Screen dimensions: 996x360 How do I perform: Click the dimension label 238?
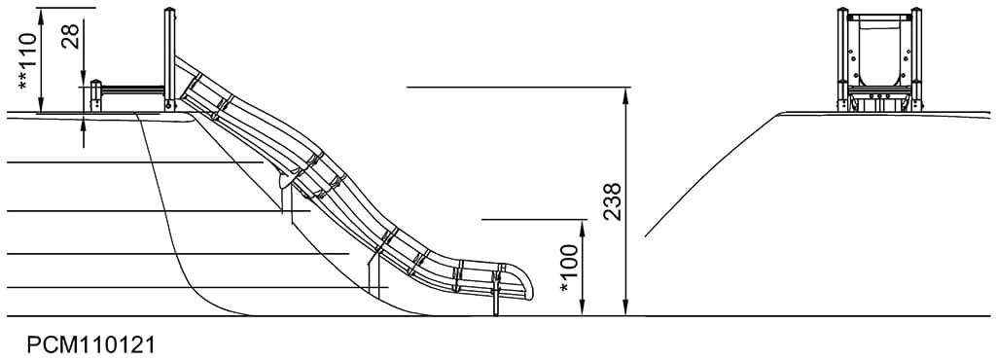tap(613, 201)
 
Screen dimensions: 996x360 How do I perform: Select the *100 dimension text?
tap(570, 268)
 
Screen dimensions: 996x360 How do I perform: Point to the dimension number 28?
tap(71, 36)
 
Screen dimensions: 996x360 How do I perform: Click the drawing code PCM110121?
tap(90, 345)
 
